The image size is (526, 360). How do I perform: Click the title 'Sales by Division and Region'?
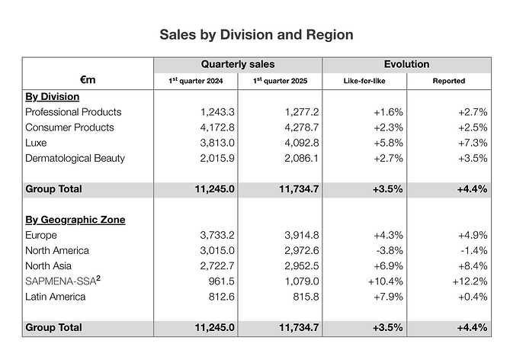click(x=256, y=35)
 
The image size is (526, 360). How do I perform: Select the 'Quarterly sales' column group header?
click(x=238, y=65)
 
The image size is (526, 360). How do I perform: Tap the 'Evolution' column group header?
click(x=406, y=65)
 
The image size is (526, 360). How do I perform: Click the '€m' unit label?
click(x=88, y=79)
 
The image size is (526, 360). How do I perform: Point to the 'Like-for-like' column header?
click(x=364, y=81)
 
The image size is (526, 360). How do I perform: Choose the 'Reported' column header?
click(x=448, y=81)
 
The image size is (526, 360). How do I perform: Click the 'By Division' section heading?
click(x=53, y=97)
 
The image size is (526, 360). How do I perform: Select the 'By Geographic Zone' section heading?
click(x=75, y=220)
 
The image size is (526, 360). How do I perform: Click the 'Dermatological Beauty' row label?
click(x=75, y=159)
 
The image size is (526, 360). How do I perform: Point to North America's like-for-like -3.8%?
click(x=389, y=251)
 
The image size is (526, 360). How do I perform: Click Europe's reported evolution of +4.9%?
click(x=472, y=236)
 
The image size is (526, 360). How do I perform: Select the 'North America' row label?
click(x=57, y=251)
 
